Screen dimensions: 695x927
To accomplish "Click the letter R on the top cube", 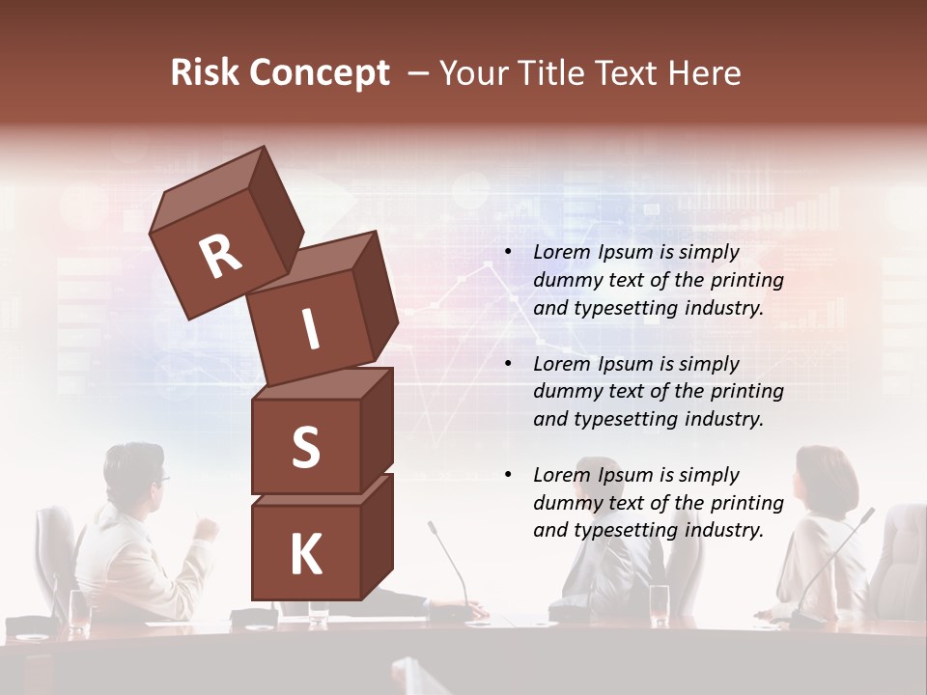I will (x=220, y=256).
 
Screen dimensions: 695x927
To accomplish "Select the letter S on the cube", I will (x=305, y=449).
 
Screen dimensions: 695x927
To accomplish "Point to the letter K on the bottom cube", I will (x=305, y=555).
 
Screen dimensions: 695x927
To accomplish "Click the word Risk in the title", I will (x=205, y=73).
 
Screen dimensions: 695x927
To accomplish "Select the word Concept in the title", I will (x=321, y=73).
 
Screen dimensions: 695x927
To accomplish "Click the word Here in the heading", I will (x=703, y=73).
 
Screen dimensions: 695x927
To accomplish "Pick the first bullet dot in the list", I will (x=508, y=253).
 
